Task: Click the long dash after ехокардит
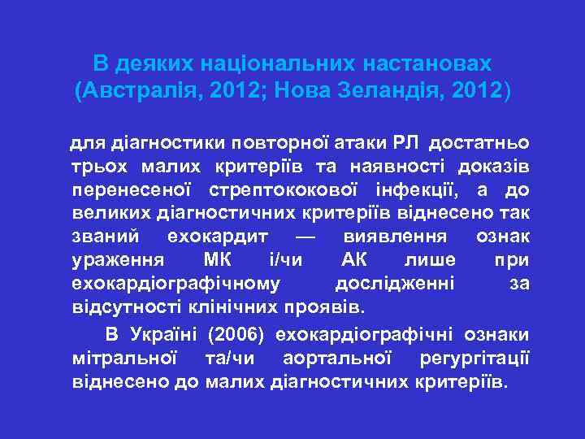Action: pyautogui.click(x=303, y=237)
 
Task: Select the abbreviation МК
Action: pyautogui.click(x=212, y=261)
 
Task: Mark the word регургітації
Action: pyautogui.click(x=483, y=358)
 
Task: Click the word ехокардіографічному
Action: pyautogui.click(x=176, y=285)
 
